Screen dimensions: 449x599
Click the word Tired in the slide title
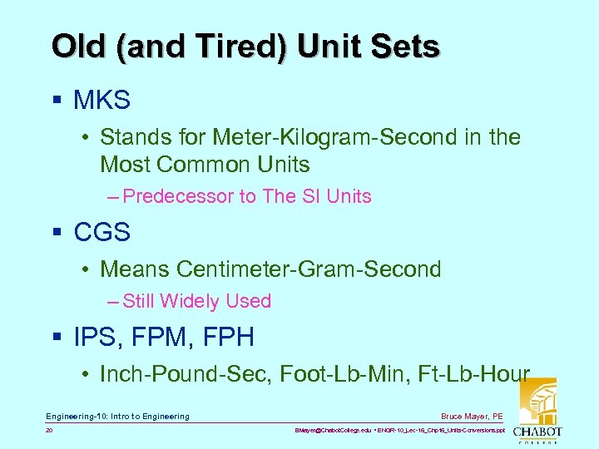(250, 47)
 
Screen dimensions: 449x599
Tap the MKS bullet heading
(101, 101)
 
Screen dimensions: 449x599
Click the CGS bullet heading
(101, 232)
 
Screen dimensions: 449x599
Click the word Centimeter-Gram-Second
(309, 269)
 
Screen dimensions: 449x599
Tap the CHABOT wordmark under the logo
(536, 432)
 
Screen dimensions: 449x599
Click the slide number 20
(50, 431)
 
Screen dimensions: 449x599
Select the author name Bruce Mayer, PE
(473, 416)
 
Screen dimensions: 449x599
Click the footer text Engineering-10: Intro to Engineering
(117, 416)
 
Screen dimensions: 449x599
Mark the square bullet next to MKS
(57, 101)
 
